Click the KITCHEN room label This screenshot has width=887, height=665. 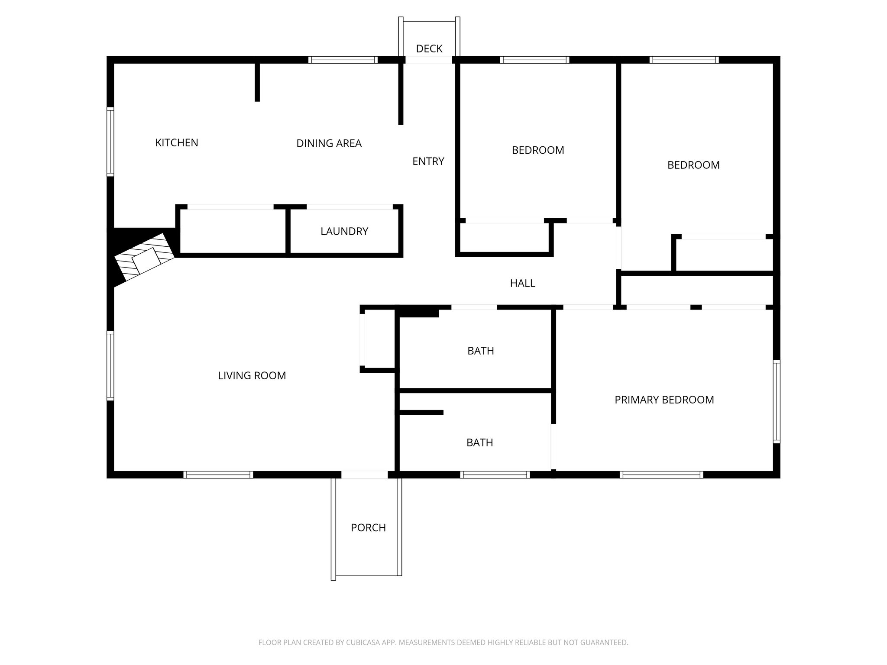click(177, 143)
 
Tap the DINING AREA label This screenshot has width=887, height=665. click(329, 144)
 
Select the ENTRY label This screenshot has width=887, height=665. click(428, 161)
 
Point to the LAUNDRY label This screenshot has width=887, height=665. click(344, 232)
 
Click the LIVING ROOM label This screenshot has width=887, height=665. click(252, 376)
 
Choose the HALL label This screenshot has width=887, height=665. click(522, 284)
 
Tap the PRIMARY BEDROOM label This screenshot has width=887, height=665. click(664, 400)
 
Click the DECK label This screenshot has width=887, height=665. click(429, 49)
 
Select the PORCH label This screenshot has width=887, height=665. click(368, 528)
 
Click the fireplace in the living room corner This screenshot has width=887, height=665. click(143, 258)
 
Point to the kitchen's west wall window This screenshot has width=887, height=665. click(110, 142)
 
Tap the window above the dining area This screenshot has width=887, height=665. click(343, 60)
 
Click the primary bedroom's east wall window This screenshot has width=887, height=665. click(777, 402)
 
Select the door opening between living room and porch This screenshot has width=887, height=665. click(364, 475)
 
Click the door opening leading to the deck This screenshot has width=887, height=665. click(429, 60)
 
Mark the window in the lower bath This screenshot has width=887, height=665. click(495, 475)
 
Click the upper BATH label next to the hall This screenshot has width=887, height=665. click(480, 351)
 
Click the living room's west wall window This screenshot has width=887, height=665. click(110, 365)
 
